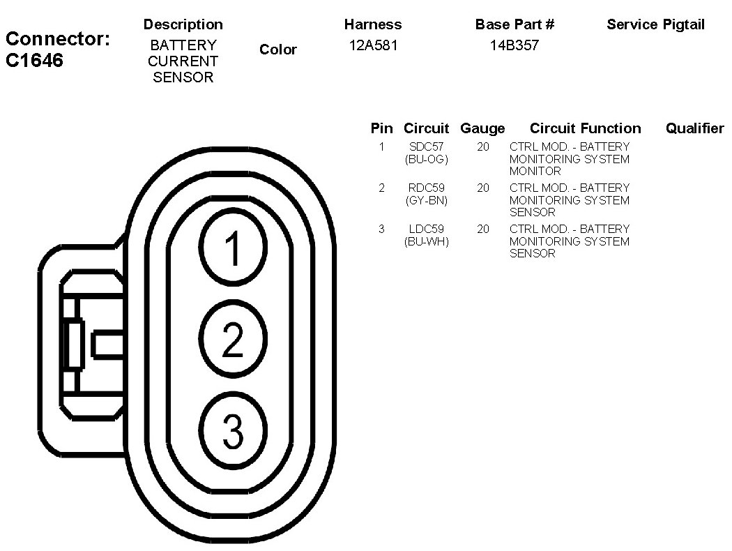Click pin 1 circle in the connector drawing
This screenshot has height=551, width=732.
click(x=233, y=249)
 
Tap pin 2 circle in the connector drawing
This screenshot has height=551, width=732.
click(x=233, y=340)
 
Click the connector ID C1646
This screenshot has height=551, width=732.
click(x=35, y=61)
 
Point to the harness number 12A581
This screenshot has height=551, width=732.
click(x=373, y=46)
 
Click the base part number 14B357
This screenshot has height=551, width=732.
click(x=514, y=46)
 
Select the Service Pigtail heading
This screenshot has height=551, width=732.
click(x=655, y=24)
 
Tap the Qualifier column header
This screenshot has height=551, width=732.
click(x=694, y=128)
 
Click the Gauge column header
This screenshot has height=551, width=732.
click(x=482, y=128)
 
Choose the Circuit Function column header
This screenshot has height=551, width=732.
click(x=585, y=128)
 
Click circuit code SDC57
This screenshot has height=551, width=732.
click(x=426, y=147)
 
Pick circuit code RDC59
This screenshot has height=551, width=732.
click(x=426, y=188)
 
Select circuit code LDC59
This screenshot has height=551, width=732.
click(x=426, y=229)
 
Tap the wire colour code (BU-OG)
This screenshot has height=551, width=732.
click(x=426, y=159)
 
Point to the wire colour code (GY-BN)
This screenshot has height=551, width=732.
click(x=426, y=200)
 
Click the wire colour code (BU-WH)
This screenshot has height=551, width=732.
click(x=426, y=241)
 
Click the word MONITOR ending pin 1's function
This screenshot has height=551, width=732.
click(x=535, y=171)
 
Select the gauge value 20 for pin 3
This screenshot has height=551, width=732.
click(x=483, y=229)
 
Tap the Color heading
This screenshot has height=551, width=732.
click(x=277, y=50)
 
